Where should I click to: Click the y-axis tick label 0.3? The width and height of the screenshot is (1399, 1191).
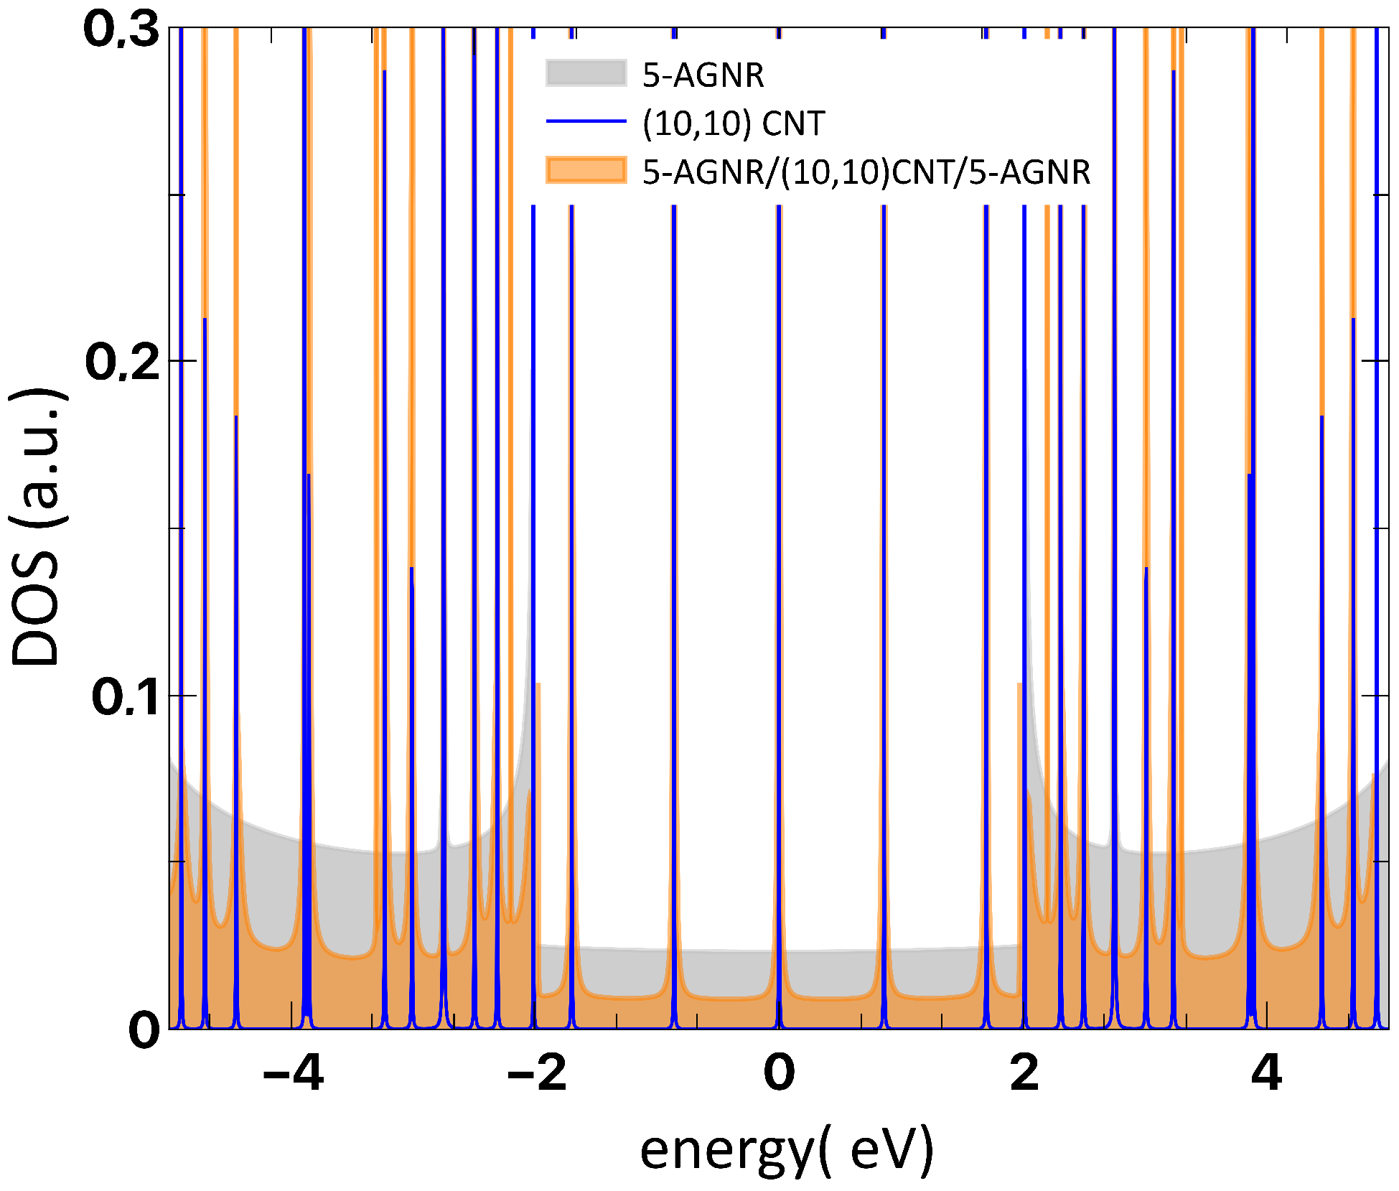point(121,31)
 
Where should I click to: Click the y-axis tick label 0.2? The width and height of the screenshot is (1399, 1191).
point(123,362)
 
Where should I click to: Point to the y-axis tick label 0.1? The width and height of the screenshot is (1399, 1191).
point(126,697)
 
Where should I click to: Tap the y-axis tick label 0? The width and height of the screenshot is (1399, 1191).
point(144,1030)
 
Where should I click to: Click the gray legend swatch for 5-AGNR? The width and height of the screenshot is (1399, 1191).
point(586,73)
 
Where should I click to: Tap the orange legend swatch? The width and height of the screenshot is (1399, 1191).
point(586,170)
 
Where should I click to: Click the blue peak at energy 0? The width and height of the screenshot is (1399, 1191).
point(779,503)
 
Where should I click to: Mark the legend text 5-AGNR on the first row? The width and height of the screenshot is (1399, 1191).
point(703,75)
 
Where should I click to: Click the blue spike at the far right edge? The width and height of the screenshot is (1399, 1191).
point(1376,503)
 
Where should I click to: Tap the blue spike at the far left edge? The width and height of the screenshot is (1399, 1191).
point(181,503)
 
